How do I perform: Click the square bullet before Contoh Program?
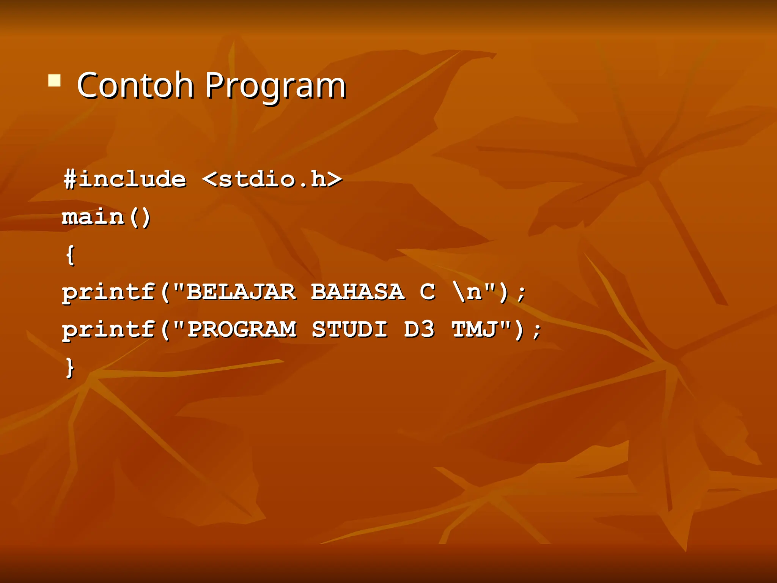(x=54, y=81)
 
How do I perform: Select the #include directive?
(x=125, y=179)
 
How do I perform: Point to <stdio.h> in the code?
(x=272, y=179)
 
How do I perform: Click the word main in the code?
(x=93, y=217)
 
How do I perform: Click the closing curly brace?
(x=70, y=367)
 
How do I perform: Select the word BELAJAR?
(x=241, y=292)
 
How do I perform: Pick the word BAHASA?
(x=357, y=292)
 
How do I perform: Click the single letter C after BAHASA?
(x=427, y=292)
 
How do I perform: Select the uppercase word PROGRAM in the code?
(x=242, y=329)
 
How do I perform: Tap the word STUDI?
(x=349, y=329)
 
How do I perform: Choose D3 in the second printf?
(x=419, y=329)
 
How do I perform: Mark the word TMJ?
(x=474, y=329)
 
